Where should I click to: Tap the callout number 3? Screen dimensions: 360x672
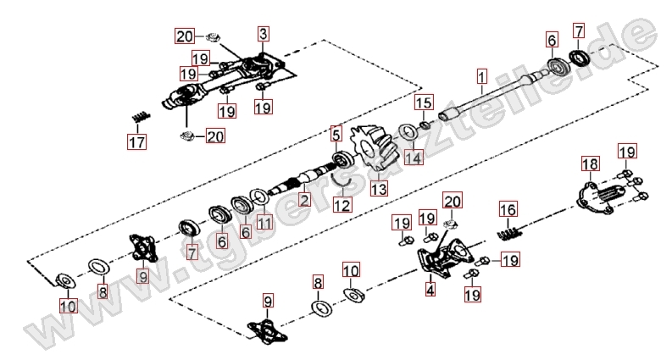[264, 34]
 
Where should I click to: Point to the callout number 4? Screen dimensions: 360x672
[430, 290]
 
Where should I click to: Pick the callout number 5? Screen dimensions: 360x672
[336, 134]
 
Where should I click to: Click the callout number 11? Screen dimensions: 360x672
[264, 223]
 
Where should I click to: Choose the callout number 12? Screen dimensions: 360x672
[341, 203]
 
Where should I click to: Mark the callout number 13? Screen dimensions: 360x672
[378, 189]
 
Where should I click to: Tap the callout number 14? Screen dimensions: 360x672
[412, 157]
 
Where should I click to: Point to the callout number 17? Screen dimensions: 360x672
[136, 141]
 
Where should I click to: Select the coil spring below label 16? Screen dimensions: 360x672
[508, 232]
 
